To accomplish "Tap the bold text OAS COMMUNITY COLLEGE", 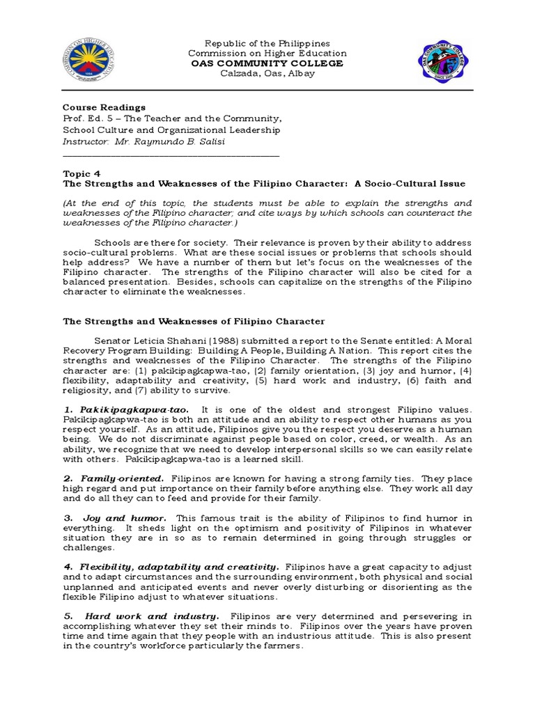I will [x=267, y=63].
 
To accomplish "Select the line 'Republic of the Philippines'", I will [x=267, y=43].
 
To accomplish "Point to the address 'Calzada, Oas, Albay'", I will [x=267, y=74].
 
